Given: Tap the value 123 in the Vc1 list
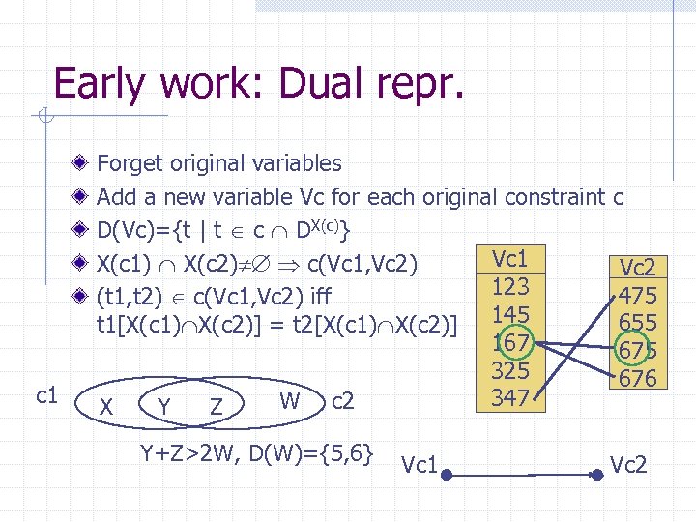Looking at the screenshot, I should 510,287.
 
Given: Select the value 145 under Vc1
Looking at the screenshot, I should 510,315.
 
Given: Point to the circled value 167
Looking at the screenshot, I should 510,343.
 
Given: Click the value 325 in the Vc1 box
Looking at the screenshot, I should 510,371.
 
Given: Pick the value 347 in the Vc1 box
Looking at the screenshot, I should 510,397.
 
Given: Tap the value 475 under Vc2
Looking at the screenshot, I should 638,296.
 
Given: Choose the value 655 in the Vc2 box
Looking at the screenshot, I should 638,323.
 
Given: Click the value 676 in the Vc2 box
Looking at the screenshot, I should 638,378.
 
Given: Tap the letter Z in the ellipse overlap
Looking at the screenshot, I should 218,409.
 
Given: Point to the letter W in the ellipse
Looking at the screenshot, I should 288,399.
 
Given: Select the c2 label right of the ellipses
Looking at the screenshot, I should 342,401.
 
